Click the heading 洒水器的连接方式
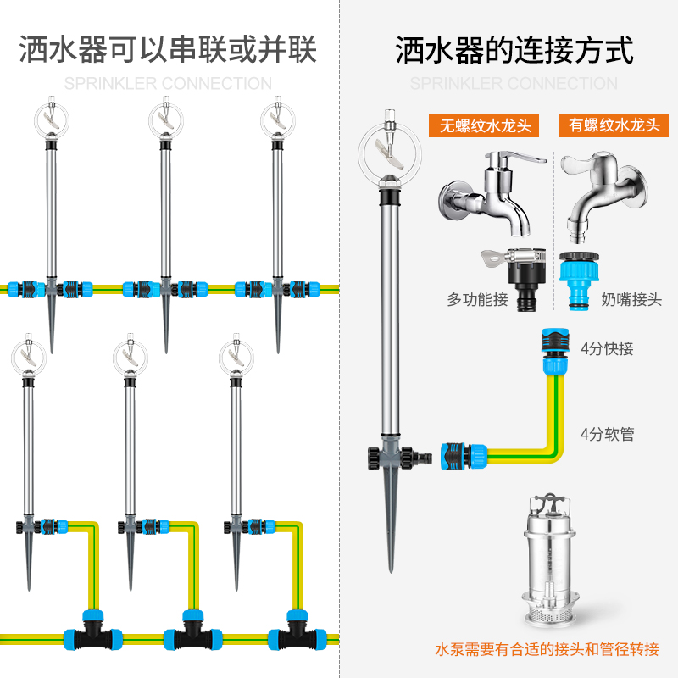tap(514, 51)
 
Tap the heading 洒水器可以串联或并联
tap(168, 51)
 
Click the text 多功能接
tap(477, 299)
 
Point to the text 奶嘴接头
tap(631, 299)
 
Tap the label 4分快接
tap(607, 348)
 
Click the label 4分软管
tap(607, 435)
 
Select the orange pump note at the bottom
tap(547, 650)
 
